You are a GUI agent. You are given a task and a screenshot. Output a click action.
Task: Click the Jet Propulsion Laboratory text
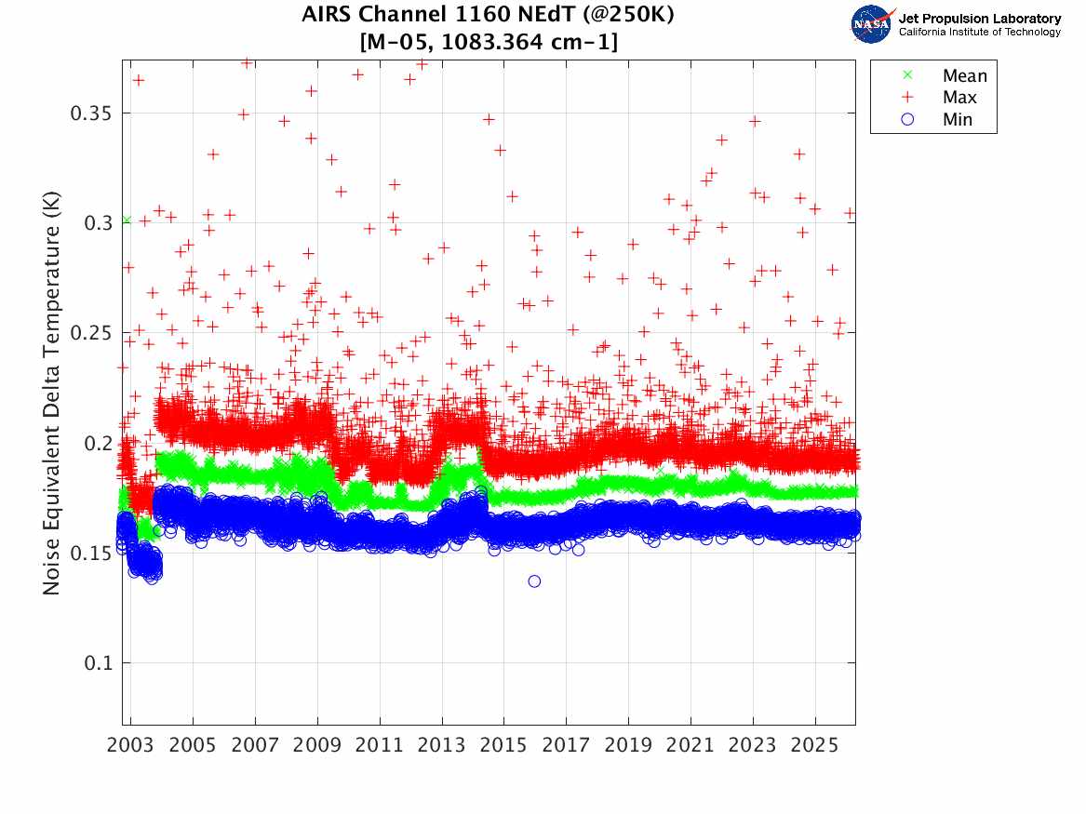tap(979, 19)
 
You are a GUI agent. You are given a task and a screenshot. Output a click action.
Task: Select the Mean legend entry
tap(963, 76)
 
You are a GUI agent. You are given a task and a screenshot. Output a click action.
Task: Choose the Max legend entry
tap(959, 98)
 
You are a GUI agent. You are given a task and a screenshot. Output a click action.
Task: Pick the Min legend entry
tap(957, 120)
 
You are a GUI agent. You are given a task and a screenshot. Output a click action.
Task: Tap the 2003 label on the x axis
tap(131, 746)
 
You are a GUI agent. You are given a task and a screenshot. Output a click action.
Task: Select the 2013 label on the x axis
tap(442, 746)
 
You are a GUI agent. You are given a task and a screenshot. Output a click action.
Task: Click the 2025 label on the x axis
tap(815, 746)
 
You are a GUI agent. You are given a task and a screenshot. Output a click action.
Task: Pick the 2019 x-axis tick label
tap(628, 746)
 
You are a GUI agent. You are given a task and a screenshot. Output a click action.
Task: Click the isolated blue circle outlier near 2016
tap(534, 581)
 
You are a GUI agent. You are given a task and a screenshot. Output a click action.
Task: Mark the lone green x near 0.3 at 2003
tap(127, 220)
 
